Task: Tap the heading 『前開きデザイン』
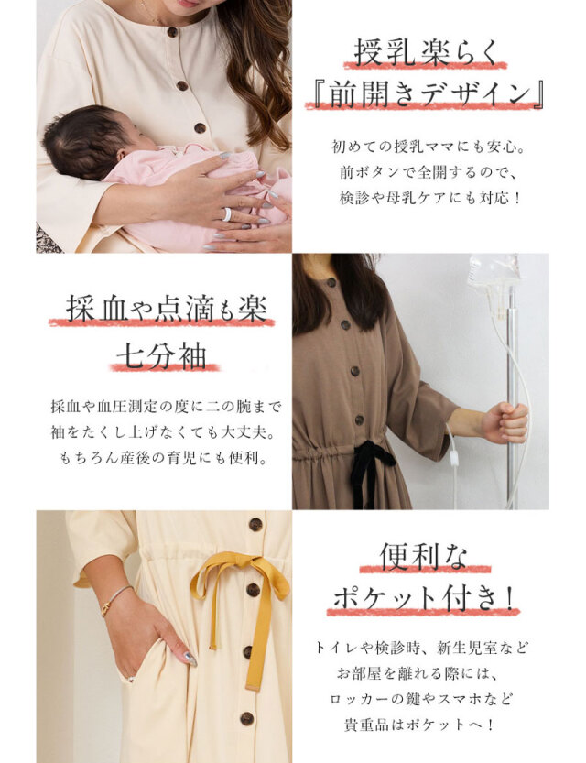[x=425, y=93]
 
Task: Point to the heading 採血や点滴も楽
[x=167, y=308]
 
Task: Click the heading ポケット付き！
[x=423, y=597]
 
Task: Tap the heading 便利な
[x=424, y=556]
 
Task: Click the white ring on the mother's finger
[x=227, y=214]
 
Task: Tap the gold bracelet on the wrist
[x=114, y=600]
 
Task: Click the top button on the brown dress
[x=331, y=283]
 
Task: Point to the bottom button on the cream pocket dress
[x=247, y=718]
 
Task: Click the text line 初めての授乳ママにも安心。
[x=429, y=147]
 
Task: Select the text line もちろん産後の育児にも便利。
[x=165, y=458]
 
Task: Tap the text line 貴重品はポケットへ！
[x=420, y=725]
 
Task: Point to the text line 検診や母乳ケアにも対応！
[x=431, y=198]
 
